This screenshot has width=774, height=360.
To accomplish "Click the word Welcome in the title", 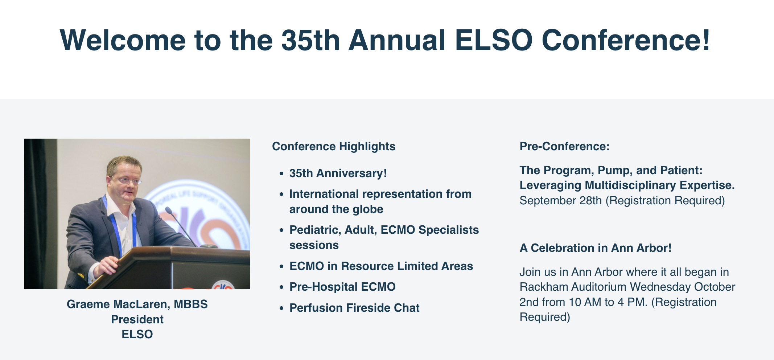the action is pyautogui.click(x=123, y=40).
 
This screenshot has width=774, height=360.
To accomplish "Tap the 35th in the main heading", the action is pyautogui.click(x=310, y=40).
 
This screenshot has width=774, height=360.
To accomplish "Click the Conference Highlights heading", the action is pyautogui.click(x=334, y=146).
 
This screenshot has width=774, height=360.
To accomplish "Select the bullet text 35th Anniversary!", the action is pyautogui.click(x=338, y=173).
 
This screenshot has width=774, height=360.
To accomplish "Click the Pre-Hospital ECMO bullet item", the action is pyautogui.click(x=342, y=287).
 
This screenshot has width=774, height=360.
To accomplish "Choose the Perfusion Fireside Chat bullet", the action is pyautogui.click(x=354, y=308).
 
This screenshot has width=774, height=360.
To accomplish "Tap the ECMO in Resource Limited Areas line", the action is pyautogui.click(x=381, y=266).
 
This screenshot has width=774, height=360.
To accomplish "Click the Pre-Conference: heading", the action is pyautogui.click(x=565, y=146).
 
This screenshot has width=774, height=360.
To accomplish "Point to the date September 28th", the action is pyautogui.click(x=561, y=200).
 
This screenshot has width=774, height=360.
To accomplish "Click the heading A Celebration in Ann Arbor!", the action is pyautogui.click(x=596, y=248).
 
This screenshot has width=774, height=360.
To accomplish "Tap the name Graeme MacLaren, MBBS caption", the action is pyautogui.click(x=137, y=304).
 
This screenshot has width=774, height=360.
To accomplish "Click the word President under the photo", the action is pyautogui.click(x=137, y=319).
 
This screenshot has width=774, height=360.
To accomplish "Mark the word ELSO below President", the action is pyautogui.click(x=137, y=334).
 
